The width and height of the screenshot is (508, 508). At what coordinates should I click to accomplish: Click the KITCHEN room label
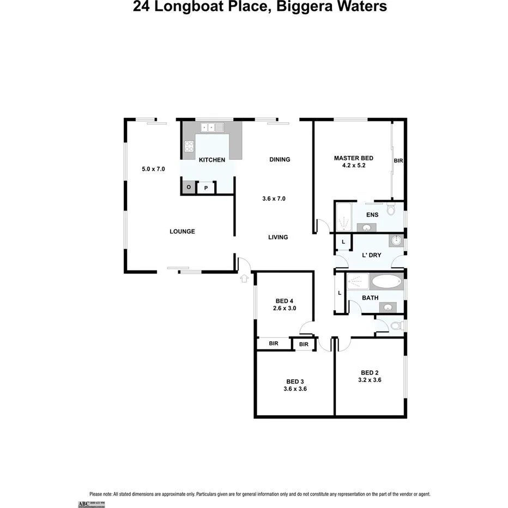click(x=211, y=160)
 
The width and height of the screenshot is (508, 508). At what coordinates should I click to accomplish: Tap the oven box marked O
click(x=189, y=188)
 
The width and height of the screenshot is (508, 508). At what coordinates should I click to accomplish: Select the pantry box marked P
click(x=206, y=188)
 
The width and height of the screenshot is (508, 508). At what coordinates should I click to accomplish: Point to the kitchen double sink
click(x=211, y=128)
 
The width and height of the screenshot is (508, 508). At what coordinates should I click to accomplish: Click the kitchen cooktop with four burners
click(x=189, y=146)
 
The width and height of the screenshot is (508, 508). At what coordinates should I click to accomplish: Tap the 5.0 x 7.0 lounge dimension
click(x=153, y=169)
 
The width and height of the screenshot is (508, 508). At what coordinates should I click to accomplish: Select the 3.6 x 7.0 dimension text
click(x=274, y=199)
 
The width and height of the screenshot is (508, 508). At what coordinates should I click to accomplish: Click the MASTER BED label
click(x=349, y=158)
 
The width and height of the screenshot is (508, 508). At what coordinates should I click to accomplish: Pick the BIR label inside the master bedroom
click(x=398, y=161)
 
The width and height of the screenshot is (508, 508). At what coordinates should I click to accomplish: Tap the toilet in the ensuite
click(x=391, y=210)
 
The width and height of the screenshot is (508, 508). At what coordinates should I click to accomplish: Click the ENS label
click(x=372, y=215)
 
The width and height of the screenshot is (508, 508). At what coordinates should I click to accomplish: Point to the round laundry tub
click(x=396, y=241)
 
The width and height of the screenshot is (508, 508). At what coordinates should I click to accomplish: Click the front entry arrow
click(x=244, y=279)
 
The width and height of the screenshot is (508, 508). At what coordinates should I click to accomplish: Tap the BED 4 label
click(x=284, y=301)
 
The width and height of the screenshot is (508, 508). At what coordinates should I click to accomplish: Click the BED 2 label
click(x=369, y=372)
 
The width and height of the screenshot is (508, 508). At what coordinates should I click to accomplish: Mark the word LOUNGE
click(x=182, y=232)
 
